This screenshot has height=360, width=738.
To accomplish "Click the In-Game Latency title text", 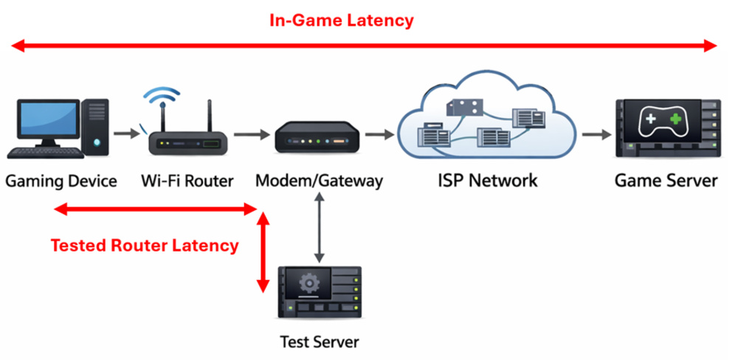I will [x=341, y=21].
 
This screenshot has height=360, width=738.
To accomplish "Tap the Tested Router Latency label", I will [x=145, y=246].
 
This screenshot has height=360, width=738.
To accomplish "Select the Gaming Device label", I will [x=61, y=181].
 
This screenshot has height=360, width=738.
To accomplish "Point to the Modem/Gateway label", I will [x=319, y=181].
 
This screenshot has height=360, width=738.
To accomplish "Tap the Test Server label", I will [x=319, y=342].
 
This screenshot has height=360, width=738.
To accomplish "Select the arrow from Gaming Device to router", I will [x=127, y=134].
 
